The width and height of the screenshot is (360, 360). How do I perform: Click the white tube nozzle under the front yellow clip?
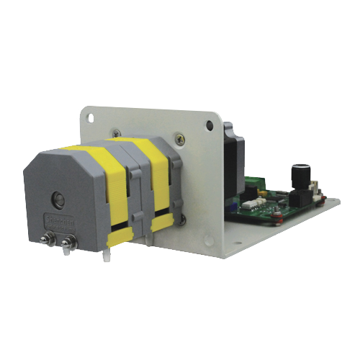pyautogui.click(x=107, y=253)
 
